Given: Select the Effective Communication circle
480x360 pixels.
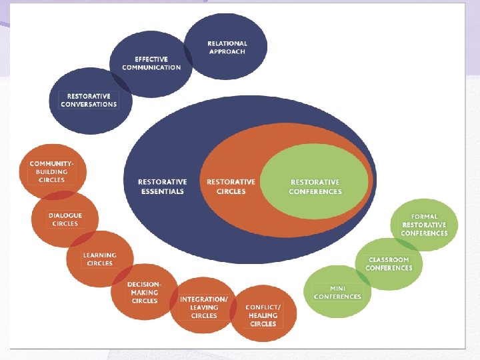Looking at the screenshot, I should pos(151,63).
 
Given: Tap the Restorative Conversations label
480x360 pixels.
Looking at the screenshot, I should pos(89,100).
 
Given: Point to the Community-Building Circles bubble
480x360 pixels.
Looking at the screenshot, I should pos(53,171).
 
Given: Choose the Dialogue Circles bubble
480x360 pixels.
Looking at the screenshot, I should pos(65,219).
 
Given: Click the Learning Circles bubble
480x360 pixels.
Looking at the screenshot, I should pos(99,259).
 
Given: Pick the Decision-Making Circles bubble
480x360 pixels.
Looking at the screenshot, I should pos(144,293).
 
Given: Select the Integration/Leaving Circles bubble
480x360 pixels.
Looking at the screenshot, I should pos(203,307).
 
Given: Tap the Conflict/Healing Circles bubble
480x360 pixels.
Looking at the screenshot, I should pos(263,315).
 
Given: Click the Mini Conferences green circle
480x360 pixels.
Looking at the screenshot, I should pos(337,292).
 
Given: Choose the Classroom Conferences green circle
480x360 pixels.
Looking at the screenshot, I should pos(389,264).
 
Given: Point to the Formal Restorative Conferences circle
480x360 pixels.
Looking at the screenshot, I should pos(424,225).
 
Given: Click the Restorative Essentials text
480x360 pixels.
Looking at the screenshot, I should pos(162,187).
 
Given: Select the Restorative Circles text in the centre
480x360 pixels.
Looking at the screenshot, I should pos(231,187).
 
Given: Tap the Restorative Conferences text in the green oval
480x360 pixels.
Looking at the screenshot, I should pos(315,187).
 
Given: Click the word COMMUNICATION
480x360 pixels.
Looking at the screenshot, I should pos(151,67).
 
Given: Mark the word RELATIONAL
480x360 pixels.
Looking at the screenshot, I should pos(227,43).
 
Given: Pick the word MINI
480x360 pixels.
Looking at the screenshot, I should pos(337,288).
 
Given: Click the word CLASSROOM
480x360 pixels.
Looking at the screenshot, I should pos(389,260).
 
